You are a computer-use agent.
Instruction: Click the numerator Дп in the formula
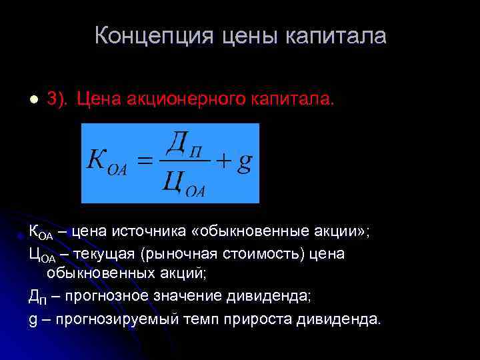183,143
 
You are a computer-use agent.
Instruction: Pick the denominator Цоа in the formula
183,183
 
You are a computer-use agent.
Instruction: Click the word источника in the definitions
143,232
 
